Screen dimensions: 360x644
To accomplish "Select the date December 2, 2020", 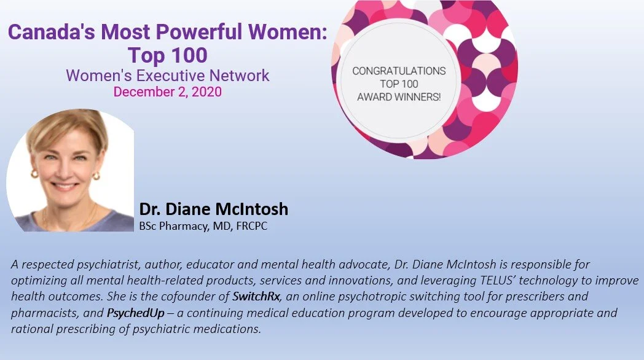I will pyautogui.click(x=167, y=92).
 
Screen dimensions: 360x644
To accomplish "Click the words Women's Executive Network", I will pyautogui.click(x=167, y=76).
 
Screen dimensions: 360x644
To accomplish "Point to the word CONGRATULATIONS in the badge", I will pyautogui.click(x=399, y=71).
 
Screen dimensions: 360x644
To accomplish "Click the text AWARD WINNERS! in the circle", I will pyautogui.click(x=399, y=97).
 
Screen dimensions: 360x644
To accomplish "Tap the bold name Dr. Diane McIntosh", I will pyautogui.click(x=213, y=209).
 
